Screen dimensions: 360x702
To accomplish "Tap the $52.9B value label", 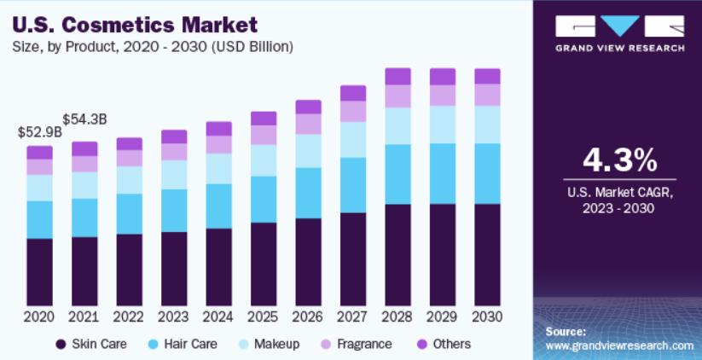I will point(39,132).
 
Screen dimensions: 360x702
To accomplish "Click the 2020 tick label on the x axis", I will point(39,316).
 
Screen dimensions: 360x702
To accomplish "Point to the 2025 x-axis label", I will point(264,316).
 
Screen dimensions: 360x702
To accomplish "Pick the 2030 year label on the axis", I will point(487,316).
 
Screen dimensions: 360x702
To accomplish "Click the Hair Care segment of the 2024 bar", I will point(219,206).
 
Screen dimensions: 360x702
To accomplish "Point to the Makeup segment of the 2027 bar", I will point(353,139).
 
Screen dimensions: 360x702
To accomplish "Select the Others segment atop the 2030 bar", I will point(487,76).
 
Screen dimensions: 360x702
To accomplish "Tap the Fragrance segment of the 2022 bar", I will point(130,158).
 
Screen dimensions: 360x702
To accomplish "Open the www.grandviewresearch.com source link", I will point(618,345).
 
